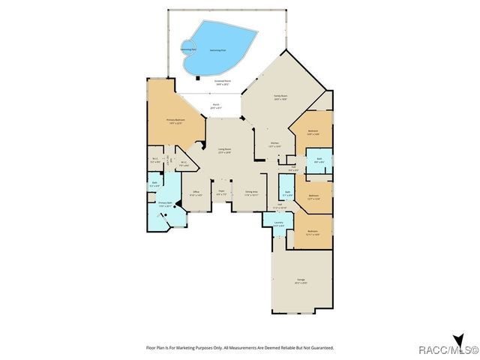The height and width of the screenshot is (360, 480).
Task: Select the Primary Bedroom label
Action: (x=175, y=121)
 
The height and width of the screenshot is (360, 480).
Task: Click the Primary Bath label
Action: (x=165, y=203)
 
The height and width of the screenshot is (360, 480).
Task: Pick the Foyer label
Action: (x=221, y=192)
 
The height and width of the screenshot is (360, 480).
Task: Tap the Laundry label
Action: (x=277, y=222)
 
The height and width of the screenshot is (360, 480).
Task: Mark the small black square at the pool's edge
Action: (x=196, y=76)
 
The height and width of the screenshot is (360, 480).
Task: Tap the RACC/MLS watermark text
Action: (x=454, y=349)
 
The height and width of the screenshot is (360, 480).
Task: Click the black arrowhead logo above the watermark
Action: (x=457, y=338)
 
